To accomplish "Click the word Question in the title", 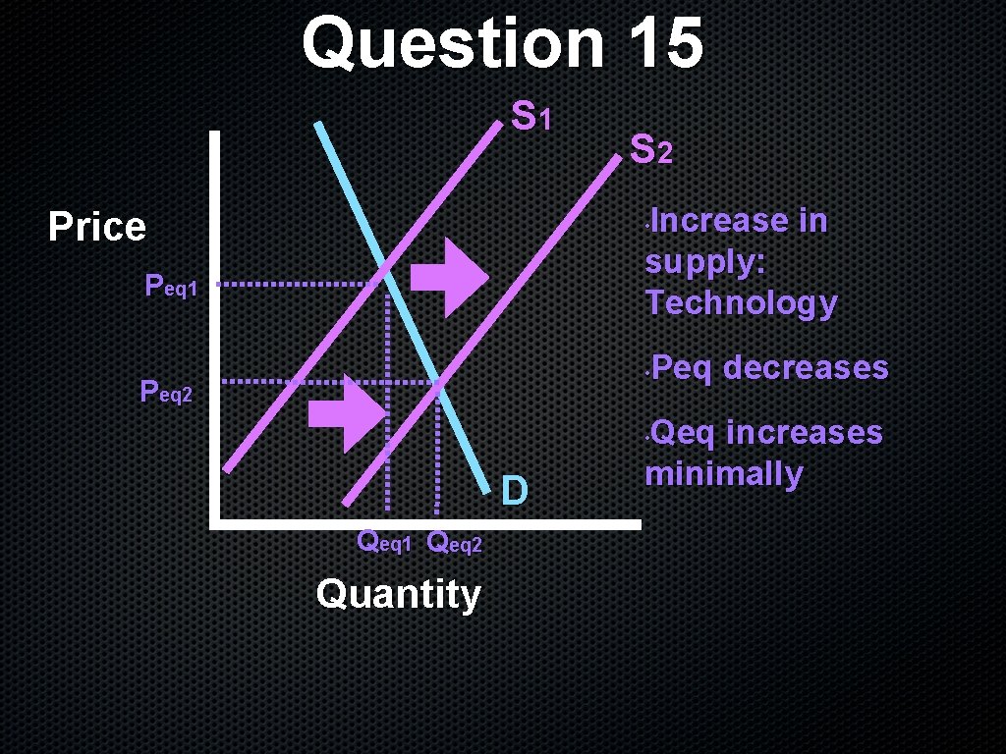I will click(x=454, y=43).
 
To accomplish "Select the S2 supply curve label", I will click(x=650, y=150).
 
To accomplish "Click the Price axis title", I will click(x=97, y=227).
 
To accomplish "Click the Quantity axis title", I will click(x=398, y=594).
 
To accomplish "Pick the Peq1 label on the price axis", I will click(x=171, y=287).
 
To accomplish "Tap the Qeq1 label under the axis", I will click(x=385, y=541).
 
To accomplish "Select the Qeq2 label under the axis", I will click(x=456, y=541).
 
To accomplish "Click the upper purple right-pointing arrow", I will click(x=448, y=276).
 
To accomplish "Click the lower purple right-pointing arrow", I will click(x=347, y=413).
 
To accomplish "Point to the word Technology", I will click(x=741, y=303).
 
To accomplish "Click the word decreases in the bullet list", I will click(x=806, y=368).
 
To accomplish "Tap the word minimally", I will click(x=723, y=474).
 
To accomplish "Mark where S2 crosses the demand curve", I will click(x=438, y=381).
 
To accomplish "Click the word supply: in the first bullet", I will click(x=703, y=262).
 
